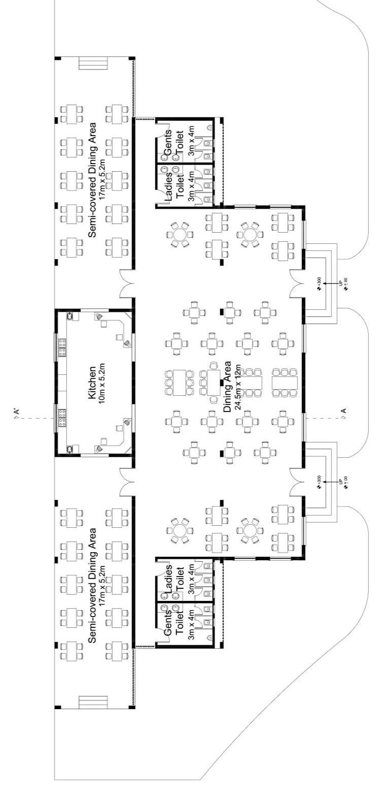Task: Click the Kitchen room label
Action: click(x=93, y=382)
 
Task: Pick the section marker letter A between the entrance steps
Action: click(x=345, y=411)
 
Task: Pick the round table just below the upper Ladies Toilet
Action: click(x=179, y=234)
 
